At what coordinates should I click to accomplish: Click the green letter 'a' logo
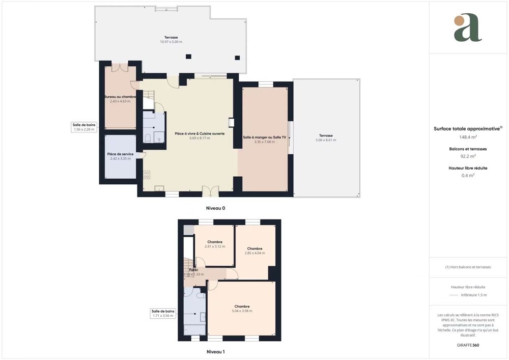[468, 28]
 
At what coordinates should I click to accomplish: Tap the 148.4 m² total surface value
[468, 137]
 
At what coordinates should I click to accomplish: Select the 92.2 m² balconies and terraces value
[468, 156]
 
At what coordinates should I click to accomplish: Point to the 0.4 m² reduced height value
[468, 175]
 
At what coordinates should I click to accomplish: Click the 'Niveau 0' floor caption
[215, 208]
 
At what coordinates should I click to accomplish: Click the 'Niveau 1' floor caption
[215, 351]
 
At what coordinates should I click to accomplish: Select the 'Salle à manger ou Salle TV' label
[264, 137]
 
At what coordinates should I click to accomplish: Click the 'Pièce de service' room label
[120, 154]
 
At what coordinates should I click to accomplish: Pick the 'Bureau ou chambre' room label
[120, 96]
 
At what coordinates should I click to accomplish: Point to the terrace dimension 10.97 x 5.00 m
[171, 42]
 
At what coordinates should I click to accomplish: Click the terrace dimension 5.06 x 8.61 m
[326, 140]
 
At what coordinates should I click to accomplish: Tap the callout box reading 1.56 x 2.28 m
[84, 129]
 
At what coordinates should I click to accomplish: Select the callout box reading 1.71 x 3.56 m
[163, 316]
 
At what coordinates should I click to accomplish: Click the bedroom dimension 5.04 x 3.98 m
[242, 311]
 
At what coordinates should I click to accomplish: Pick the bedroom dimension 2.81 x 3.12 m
[214, 246]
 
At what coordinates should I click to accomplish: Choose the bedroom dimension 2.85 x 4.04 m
[254, 253]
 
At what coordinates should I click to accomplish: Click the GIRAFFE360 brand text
[468, 345]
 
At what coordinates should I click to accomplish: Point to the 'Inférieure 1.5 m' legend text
[473, 295]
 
